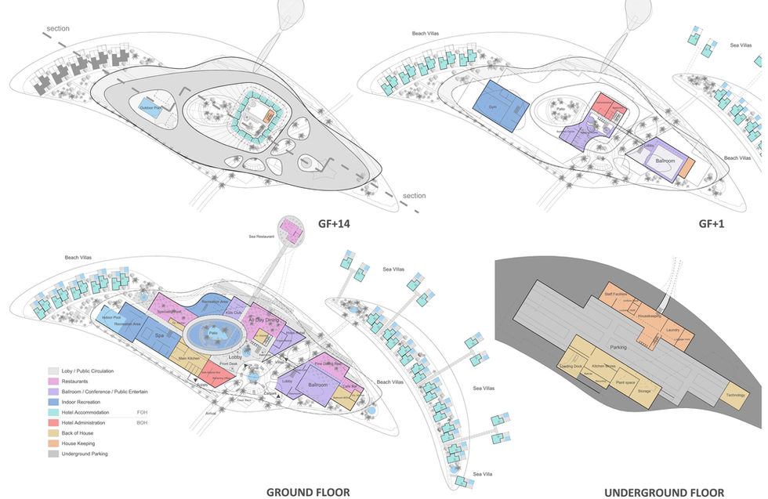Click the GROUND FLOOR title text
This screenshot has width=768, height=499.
tap(307, 492)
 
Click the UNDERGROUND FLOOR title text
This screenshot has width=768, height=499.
tap(664, 492)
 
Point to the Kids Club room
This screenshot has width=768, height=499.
tap(233, 313)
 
